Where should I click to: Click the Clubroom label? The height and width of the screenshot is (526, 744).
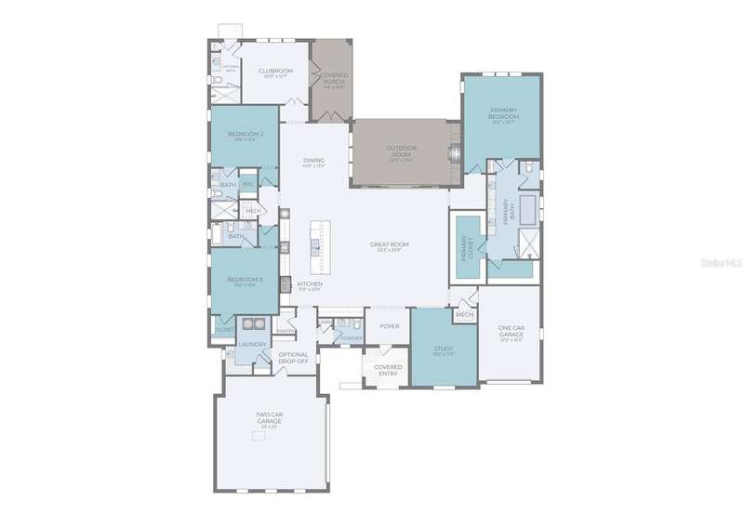pos(276,71)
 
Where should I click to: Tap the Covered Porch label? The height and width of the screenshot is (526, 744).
pos(333,80)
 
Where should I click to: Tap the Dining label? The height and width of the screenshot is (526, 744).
pos(313,161)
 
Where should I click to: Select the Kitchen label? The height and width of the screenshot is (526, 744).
pos(310,283)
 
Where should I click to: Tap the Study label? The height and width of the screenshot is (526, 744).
pos(443,348)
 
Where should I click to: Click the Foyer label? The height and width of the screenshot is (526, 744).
pos(390,326)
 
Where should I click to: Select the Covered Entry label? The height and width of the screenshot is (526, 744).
pos(387,369)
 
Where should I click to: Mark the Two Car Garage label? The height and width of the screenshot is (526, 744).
pos(269,418)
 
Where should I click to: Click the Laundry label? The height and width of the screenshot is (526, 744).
pos(252,345)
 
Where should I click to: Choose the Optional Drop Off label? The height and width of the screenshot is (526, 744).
pos(293,356)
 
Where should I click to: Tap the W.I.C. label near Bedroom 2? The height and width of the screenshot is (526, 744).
pos(248,184)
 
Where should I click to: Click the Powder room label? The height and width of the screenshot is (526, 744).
pos(352,337)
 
